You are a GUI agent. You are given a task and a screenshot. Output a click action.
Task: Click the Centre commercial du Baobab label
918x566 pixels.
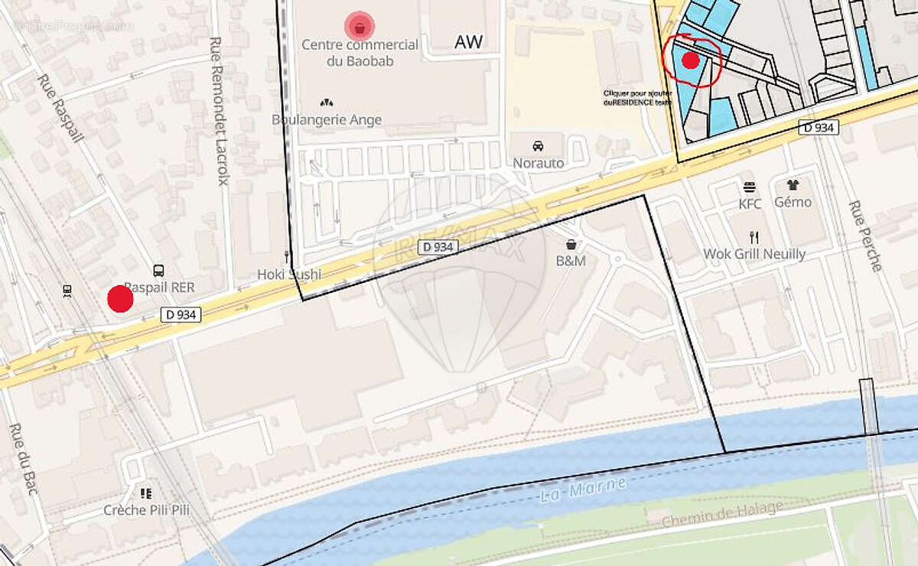pyautogui.click(x=360, y=53)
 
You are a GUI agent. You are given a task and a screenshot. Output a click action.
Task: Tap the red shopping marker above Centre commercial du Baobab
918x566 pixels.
pyautogui.click(x=360, y=27)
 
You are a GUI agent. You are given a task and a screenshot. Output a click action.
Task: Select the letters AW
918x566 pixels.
pyautogui.click(x=468, y=42)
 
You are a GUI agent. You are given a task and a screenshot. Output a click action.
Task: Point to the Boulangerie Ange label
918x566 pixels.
pyautogui.click(x=327, y=119)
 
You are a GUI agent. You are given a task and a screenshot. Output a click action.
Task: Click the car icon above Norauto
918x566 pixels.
pyautogui.click(x=538, y=145)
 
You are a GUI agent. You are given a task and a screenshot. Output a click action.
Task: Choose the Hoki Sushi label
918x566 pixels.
pyautogui.click(x=289, y=274)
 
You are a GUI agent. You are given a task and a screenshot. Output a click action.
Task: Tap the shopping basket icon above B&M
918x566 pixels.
pyautogui.click(x=571, y=245)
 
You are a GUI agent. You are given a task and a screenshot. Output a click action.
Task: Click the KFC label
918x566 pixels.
pyautogui.click(x=750, y=204)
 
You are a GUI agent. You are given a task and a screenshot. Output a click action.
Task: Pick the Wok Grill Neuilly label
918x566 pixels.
pyautogui.click(x=754, y=253)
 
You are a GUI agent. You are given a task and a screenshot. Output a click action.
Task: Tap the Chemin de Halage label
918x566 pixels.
pyautogui.click(x=722, y=514)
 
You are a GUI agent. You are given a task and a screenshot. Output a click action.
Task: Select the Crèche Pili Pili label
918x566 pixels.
pyautogui.click(x=147, y=510)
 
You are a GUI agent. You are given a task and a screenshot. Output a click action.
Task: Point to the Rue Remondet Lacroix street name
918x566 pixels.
pyautogui.click(x=222, y=112)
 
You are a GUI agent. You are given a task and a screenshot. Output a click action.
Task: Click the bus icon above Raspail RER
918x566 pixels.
pyautogui.click(x=158, y=270)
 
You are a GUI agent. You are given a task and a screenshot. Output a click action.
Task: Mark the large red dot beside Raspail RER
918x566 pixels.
pyautogui.click(x=120, y=298)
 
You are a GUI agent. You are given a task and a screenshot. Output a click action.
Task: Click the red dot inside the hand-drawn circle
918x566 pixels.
pyautogui.click(x=691, y=60)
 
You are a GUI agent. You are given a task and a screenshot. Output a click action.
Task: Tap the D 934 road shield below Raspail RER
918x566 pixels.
pyautogui.click(x=181, y=314)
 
